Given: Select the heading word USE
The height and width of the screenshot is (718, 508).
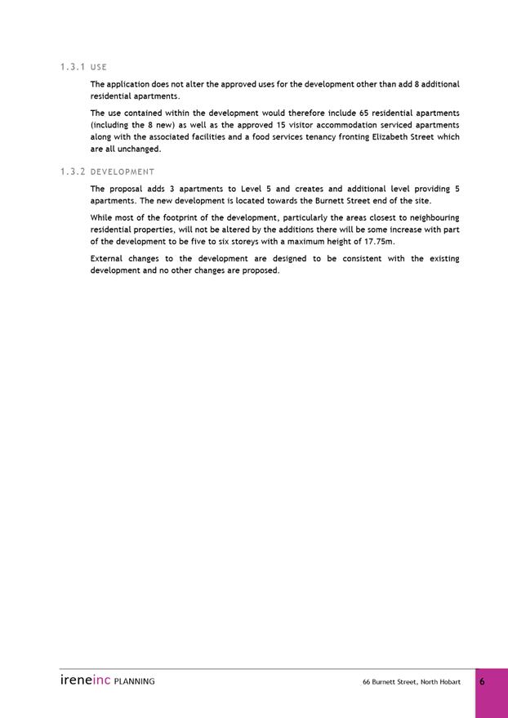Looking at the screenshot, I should pos(99,67).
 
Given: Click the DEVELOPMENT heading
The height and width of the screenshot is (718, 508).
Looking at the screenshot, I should pos(123,172).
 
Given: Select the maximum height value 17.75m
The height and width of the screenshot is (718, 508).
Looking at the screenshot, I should pos(377,242).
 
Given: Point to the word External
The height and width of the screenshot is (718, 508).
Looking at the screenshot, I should pos(108,259).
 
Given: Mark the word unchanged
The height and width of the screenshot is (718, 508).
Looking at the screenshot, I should pos(136,149).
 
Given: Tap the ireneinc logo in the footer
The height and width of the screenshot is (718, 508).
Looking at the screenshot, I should pos(85,680).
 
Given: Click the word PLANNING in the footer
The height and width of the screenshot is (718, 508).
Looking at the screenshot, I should pos(134,681).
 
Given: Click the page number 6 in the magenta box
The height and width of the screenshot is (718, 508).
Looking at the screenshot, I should pos(482,681).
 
